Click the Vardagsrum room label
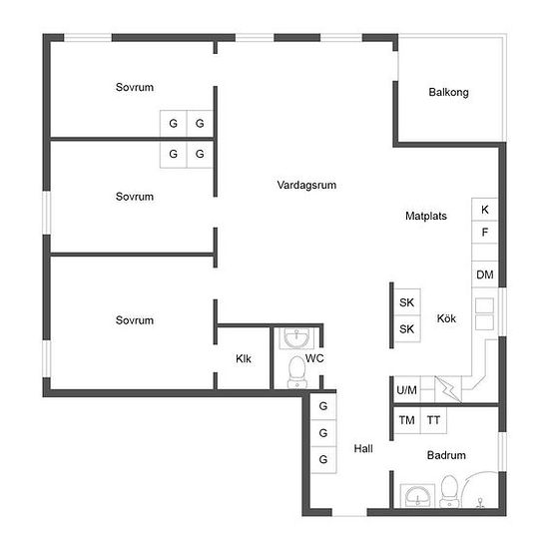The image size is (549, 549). (306, 185)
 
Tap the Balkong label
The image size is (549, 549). (448, 92)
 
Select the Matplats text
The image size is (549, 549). (426, 216)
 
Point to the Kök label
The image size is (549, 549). (446, 318)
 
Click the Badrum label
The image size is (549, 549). (446, 455)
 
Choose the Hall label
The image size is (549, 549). (363, 448)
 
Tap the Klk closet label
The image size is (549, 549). (244, 358)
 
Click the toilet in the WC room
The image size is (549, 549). (296, 372)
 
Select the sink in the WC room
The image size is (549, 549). (296, 337)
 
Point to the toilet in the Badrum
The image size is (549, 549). (449, 491)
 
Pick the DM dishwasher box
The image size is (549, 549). (485, 274)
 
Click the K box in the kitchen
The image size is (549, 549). (485, 210)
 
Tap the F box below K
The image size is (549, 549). (485, 232)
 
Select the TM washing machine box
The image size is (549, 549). (407, 420)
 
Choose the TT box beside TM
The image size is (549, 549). (433, 420)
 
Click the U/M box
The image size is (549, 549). (407, 389)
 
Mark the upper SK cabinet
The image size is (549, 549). (407, 301)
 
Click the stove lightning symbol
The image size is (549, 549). (448, 389)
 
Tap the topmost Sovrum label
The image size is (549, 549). (135, 87)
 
